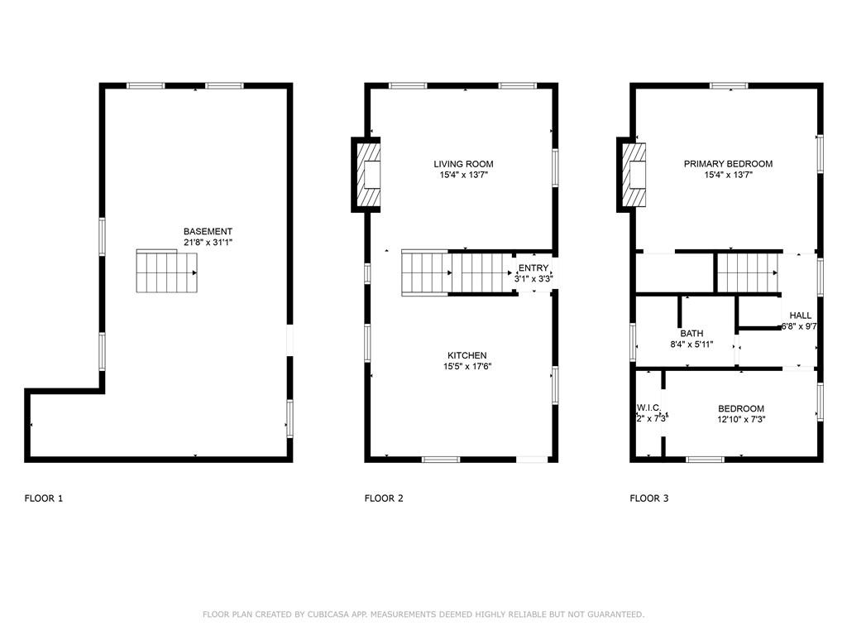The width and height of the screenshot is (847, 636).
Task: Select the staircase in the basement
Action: pyautogui.click(x=167, y=272)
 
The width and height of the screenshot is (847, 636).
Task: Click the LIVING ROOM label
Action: pyautogui.click(x=463, y=164)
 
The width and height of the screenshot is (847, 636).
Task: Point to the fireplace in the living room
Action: pyautogui.click(x=368, y=175)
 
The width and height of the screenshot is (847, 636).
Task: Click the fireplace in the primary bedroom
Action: pyautogui.click(x=633, y=175)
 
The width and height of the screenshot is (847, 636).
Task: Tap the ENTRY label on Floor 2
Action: pyautogui.click(x=533, y=267)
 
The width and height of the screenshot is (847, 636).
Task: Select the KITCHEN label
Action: pyautogui.click(x=467, y=355)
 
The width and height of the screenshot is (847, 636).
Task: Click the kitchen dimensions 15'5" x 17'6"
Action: pyautogui.click(x=467, y=367)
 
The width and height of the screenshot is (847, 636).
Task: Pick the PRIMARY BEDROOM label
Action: pyautogui.click(x=728, y=164)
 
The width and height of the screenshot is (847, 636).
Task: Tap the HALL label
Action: pyautogui.click(x=800, y=316)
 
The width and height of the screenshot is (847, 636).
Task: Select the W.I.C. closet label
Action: pyautogui.click(x=648, y=408)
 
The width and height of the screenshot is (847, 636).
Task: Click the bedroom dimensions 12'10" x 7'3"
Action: pyautogui.click(x=740, y=420)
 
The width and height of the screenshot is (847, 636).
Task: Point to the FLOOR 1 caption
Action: pyautogui.click(x=43, y=499)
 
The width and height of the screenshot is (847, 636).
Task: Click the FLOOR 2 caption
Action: pyautogui.click(x=384, y=499)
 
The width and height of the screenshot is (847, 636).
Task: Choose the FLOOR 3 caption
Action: pyautogui.click(x=648, y=499)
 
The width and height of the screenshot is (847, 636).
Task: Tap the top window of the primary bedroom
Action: pyautogui.click(x=729, y=85)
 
